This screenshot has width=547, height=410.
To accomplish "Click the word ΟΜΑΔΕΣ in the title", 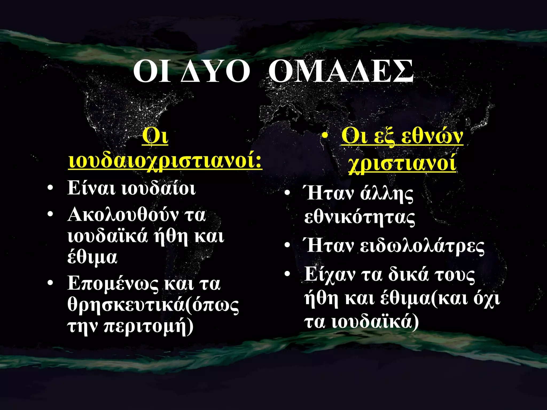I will coord(341,72).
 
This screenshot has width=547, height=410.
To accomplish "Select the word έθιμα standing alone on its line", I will coord(92,257).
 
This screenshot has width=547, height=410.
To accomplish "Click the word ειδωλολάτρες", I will coord(422,246).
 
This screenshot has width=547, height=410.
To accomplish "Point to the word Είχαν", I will coord(330,274).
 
